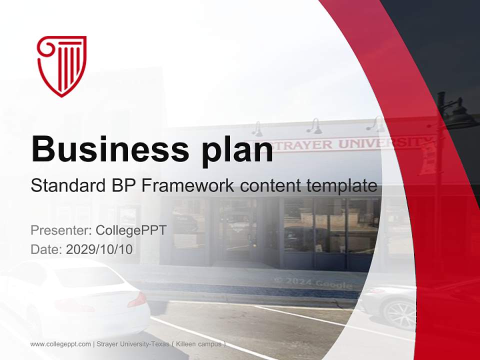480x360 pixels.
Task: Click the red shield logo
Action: coord(62,66)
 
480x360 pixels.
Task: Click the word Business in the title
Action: coord(110,149)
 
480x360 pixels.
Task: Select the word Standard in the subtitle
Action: coord(68,185)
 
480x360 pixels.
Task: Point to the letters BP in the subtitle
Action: coord(124,185)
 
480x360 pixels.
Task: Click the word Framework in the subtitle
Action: coord(188,185)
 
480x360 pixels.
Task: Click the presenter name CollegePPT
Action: coord(131,230)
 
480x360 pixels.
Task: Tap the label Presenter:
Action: coord(61,230)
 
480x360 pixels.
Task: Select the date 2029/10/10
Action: coord(99,249)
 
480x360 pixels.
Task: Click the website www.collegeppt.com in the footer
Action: coord(60,344)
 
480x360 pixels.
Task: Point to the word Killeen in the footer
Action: coord(185,344)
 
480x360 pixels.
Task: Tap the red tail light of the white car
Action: coord(137,300)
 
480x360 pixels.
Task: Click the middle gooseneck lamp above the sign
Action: coord(314,126)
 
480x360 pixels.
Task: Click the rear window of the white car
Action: coord(89,276)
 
